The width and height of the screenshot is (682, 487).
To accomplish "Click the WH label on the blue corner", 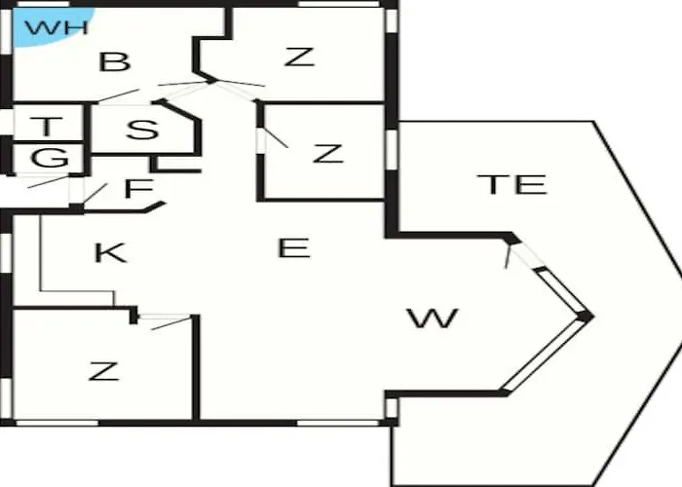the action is point(57,27).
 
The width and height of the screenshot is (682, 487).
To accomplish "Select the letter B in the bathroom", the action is point(115,61).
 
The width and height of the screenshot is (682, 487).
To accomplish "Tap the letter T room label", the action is point(47,126).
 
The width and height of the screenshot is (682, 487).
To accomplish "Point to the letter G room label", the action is point(50,158).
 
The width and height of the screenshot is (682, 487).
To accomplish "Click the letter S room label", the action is point(142,130).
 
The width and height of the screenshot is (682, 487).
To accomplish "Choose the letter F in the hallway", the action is point(138,188).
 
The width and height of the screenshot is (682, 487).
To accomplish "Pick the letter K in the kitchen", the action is point(111,252).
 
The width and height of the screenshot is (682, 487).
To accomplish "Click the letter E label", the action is point(294,247).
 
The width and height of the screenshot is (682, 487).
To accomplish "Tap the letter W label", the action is point(433,318).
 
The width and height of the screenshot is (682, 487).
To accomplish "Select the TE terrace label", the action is point(511,184).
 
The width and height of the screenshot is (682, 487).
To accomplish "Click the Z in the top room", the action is point(299,56).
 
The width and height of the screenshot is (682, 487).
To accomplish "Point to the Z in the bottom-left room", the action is point(103,371).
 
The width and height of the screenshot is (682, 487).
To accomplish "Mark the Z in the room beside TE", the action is point(328,154).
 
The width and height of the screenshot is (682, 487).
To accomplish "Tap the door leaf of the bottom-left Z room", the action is point(171,323).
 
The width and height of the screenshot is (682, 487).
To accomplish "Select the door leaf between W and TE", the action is point(508,257).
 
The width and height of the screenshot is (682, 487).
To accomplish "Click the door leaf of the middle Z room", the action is point(276,137).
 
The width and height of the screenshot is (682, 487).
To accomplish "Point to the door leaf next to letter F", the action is point(95,194).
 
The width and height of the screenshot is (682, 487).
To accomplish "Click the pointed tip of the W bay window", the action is point(592,316).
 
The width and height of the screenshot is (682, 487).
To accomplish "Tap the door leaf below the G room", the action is point(48,182).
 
